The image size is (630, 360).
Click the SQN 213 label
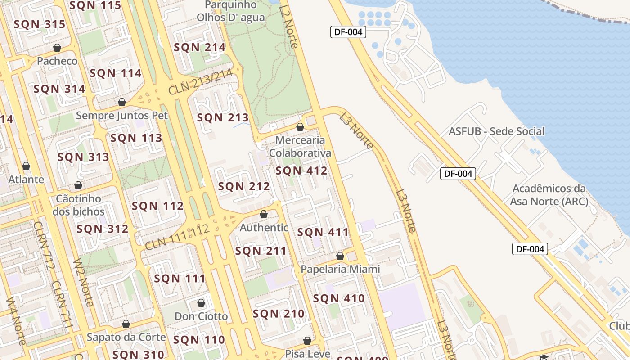[223, 118]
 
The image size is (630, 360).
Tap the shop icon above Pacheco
[57, 48]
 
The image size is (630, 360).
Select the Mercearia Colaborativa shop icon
[300, 127]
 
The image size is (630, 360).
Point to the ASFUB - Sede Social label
[496, 131]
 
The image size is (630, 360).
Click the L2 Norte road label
[288, 26]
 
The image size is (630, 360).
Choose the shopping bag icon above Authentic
[264, 215]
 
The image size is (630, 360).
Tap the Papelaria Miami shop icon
[340, 256]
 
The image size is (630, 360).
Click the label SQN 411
[323, 233]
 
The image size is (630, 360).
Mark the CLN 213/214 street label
[200, 81]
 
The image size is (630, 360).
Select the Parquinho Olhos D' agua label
[231, 12]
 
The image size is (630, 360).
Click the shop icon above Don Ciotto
[201, 303]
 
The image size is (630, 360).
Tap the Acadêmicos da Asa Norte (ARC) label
[549, 195]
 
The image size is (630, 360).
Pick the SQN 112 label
[157, 207]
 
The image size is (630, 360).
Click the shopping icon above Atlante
[26, 166]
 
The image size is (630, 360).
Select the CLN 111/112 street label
[177, 237]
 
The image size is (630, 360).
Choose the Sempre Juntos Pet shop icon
[121, 103]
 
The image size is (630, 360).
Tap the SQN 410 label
[338, 298]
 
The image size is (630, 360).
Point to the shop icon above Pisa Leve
[307, 341]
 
